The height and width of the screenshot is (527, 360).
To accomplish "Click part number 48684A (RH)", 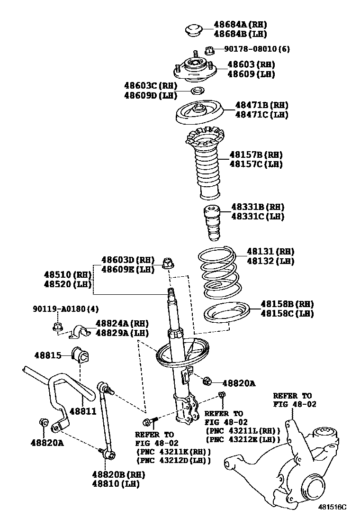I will click(240, 24).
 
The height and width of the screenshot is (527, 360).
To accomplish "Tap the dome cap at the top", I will click(193, 29).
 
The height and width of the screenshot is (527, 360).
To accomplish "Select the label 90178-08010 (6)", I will click(257, 49).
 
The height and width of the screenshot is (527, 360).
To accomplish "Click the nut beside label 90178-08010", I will click(210, 49).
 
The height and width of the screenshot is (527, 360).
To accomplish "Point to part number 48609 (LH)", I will click(251, 74).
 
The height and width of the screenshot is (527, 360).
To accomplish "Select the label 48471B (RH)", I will click(261, 105).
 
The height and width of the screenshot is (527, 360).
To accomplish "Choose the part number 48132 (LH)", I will click(270, 261).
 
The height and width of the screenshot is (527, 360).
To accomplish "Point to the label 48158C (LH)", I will click(287, 313).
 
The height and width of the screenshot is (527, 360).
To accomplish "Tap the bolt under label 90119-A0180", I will click(56, 327).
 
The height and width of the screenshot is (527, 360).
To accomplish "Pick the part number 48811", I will click(83, 412).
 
